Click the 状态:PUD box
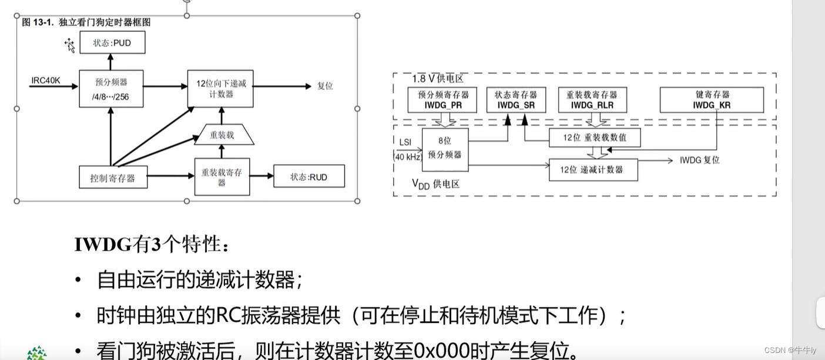[x=112, y=43]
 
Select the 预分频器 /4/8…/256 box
[x=111, y=89]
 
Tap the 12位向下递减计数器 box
[x=220, y=89]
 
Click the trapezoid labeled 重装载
[x=222, y=135]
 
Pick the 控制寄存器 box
[x=113, y=177]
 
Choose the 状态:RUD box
[x=308, y=177]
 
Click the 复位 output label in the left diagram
[x=325, y=86]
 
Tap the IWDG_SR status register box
[x=516, y=100]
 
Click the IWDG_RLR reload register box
[x=592, y=100]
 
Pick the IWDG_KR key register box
[x=712, y=100]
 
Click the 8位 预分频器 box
[x=445, y=150]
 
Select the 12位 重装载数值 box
[x=594, y=138]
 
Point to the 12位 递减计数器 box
[x=593, y=170]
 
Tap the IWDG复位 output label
[x=699, y=160]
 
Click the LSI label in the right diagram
[x=405, y=142]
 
